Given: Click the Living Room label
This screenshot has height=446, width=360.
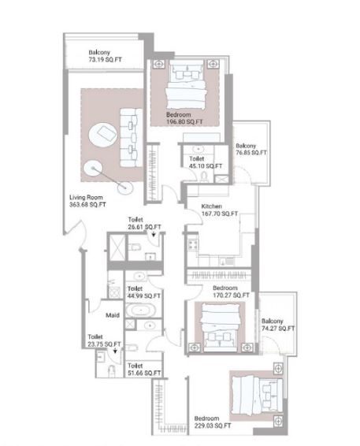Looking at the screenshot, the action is click(x=86, y=197).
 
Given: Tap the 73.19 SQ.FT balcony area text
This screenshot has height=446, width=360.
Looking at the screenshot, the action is click(x=106, y=60).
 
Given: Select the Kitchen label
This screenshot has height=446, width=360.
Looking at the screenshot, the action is click(x=212, y=206).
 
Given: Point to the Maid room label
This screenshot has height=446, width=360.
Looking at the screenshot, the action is click(x=113, y=315).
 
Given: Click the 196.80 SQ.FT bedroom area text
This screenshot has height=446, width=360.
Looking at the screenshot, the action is click(x=184, y=121).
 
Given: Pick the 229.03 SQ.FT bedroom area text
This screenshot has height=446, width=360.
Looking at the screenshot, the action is click(x=213, y=426).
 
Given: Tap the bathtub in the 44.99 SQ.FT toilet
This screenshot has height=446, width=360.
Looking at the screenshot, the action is click(x=140, y=310).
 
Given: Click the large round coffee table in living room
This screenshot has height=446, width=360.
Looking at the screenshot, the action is click(x=102, y=135).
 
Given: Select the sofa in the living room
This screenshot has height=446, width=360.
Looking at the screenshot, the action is click(x=132, y=137).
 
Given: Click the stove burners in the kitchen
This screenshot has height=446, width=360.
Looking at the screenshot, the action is click(x=193, y=244).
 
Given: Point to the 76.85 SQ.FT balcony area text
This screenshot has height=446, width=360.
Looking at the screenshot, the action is click(x=251, y=153).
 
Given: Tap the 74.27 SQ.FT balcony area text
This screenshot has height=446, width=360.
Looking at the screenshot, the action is click(x=278, y=329).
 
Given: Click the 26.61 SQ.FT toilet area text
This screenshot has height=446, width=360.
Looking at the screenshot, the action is click(x=144, y=227).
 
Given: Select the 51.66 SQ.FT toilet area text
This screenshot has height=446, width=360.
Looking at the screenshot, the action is click(x=144, y=374).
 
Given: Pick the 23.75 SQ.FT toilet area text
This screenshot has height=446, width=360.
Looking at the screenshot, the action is click(x=104, y=344).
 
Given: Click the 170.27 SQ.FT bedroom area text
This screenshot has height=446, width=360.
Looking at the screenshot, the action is click(x=231, y=295).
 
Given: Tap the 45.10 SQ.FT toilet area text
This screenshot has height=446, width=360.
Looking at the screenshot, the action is click(x=206, y=165).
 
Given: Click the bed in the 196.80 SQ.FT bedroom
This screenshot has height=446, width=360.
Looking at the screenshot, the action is click(x=186, y=85).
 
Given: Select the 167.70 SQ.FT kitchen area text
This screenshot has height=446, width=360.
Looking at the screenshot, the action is click(x=220, y=214).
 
